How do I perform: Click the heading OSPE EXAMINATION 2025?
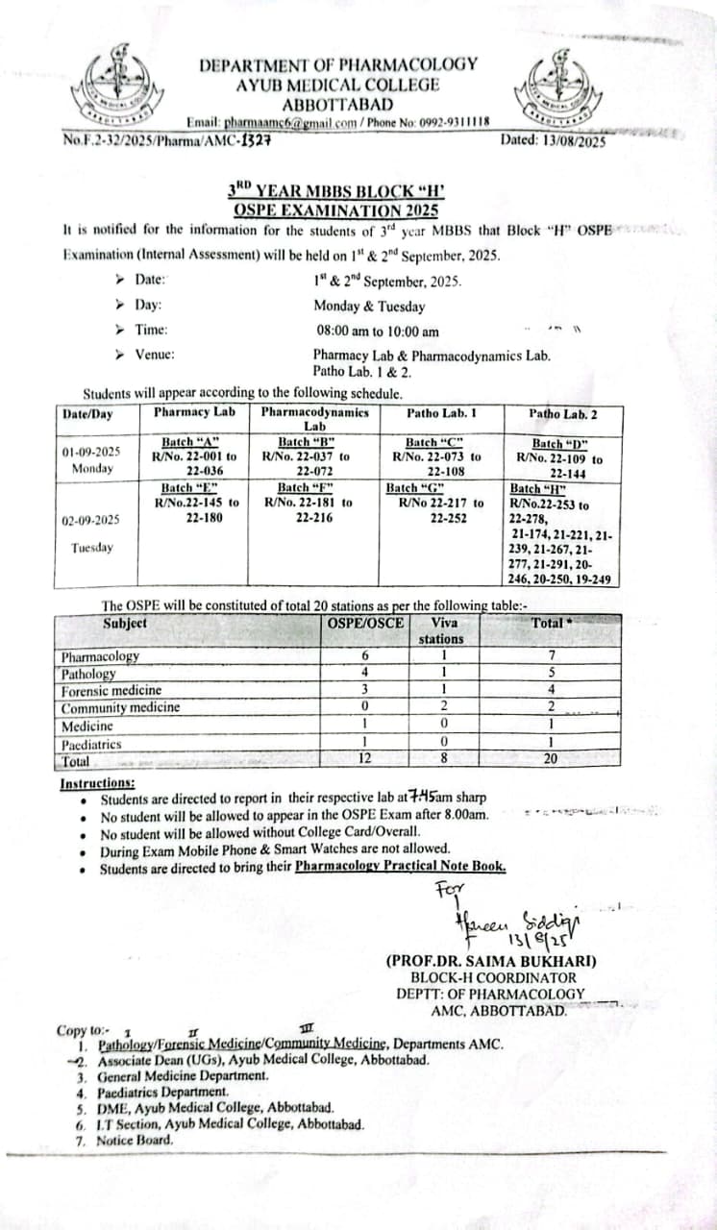336,210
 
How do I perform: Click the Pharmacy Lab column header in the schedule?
195,412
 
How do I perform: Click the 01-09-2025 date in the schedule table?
91,452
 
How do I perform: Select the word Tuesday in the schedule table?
91,548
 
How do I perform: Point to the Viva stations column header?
442,630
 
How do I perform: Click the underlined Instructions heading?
97,783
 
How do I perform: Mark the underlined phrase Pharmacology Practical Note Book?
400,866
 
